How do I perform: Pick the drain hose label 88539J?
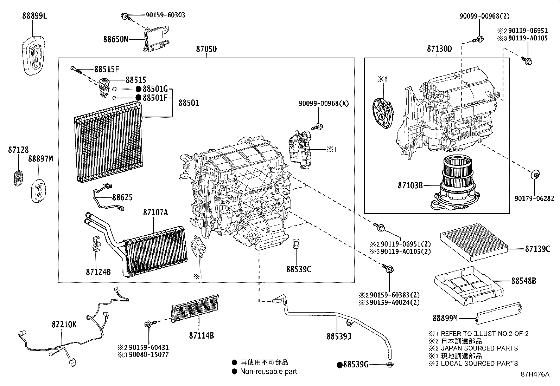pyautogui.click(x=339, y=336)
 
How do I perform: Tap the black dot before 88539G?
pyautogui.click(x=340, y=365)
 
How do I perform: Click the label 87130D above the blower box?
pyautogui.click(x=439, y=49)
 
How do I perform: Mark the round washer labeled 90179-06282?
pyautogui.click(x=535, y=174)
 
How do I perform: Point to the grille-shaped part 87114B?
pyautogui.click(x=195, y=308)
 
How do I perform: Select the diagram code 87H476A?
pyautogui.click(x=535, y=374)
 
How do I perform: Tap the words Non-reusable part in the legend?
pyautogui.click(x=268, y=372)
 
